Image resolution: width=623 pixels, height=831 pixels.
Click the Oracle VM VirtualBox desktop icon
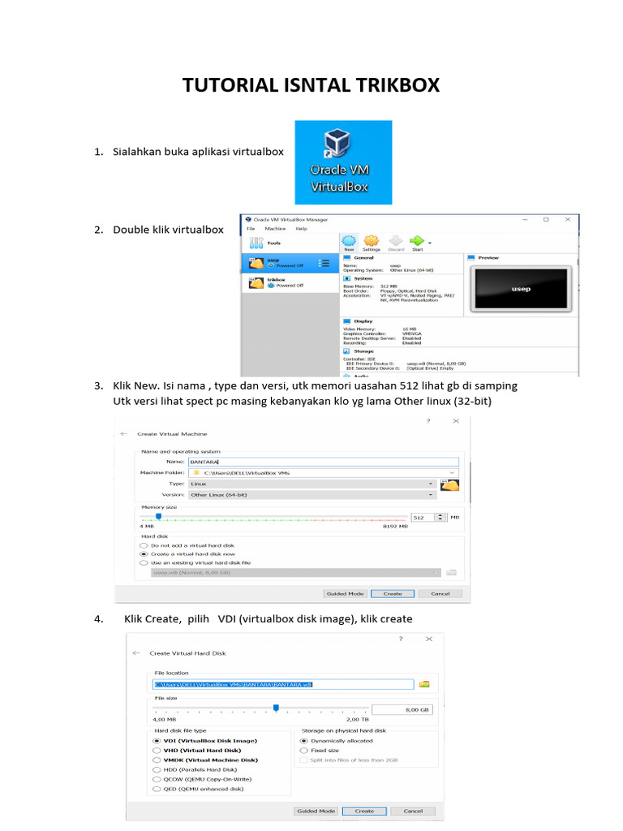coord(343,161)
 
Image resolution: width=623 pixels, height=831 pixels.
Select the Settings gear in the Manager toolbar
coord(372,243)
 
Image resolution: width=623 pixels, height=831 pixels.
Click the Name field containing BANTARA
coord(323,462)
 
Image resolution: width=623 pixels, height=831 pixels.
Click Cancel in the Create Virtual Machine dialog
coord(440,593)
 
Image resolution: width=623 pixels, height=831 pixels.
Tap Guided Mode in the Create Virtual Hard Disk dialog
coord(316,811)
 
